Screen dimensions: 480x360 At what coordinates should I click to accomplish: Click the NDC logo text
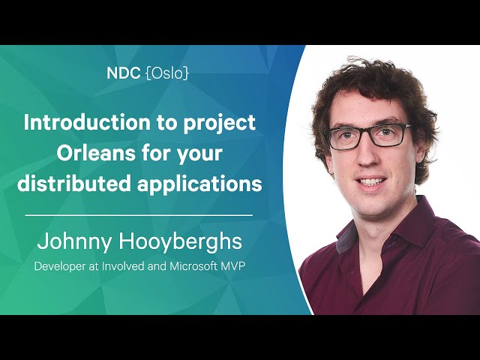pyautogui.click(x=123, y=73)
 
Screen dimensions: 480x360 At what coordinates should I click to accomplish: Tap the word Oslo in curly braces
pyautogui.click(x=167, y=73)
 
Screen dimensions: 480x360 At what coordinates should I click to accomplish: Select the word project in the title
pyautogui.click(x=220, y=124)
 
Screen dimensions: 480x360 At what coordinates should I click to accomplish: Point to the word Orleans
pyautogui.click(x=96, y=152)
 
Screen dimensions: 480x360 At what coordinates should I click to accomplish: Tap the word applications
pyautogui.click(x=199, y=185)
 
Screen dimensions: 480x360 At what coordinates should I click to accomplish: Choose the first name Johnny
pyautogui.click(x=73, y=242)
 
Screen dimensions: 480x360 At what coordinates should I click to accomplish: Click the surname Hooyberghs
pyautogui.click(x=180, y=242)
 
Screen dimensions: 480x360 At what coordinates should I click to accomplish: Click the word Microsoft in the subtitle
pyautogui.click(x=193, y=265)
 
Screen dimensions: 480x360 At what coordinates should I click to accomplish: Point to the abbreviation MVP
pyautogui.click(x=233, y=265)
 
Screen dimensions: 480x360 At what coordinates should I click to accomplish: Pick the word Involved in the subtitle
pyautogui.click(x=123, y=265)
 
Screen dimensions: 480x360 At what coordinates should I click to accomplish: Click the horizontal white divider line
pyautogui.click(x=139, y=215)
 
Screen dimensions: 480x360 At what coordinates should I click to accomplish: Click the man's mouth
pyautogui.click(x=371, y=181)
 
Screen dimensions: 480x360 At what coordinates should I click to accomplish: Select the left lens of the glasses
pyautogui.click(x=345, y=139)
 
